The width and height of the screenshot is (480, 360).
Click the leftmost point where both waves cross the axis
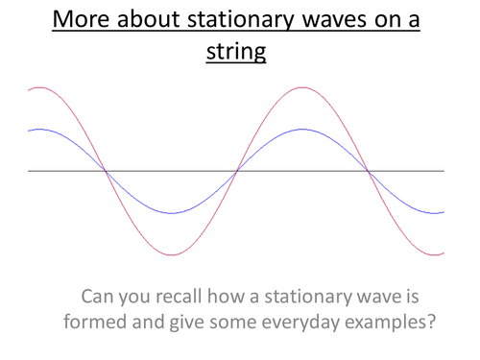pos(107,171)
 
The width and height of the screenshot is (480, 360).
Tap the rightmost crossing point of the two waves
pos(368,171)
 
